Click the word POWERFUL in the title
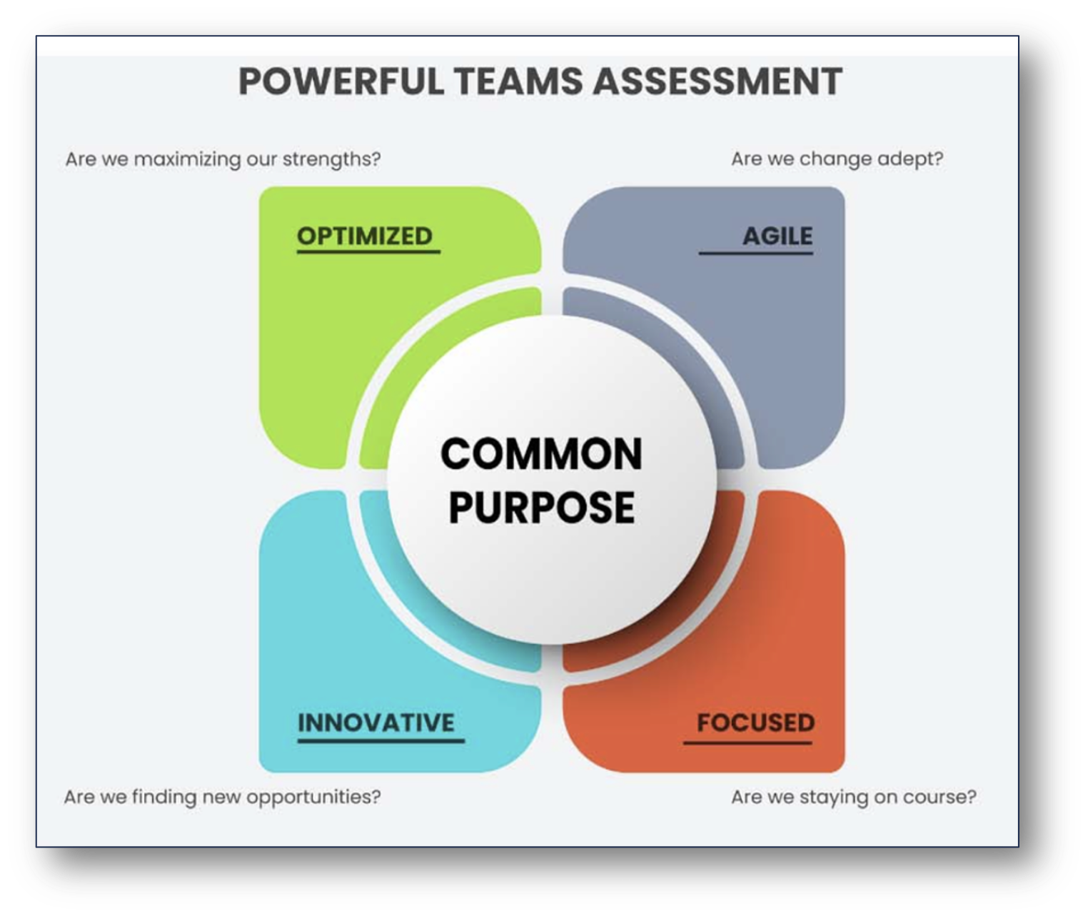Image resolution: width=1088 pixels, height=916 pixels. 341,82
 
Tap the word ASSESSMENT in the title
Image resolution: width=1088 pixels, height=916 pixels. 717,82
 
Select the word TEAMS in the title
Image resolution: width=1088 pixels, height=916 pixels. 518,82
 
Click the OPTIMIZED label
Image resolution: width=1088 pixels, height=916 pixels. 365,236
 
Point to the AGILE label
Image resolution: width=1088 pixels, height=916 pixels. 777,236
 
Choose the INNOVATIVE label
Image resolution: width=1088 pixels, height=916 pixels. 376,723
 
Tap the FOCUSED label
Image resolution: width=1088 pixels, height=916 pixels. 755,723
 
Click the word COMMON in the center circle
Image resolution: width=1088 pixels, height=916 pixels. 541,454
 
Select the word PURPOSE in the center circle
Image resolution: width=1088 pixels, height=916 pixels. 541,508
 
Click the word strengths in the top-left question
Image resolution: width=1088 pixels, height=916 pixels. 331,159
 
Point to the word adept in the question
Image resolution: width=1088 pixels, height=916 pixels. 910,159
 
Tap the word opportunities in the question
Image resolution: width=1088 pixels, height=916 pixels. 313,797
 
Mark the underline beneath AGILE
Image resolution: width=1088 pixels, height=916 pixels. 755,253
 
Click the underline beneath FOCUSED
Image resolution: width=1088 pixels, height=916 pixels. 747,743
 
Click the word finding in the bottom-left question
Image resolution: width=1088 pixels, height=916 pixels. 163,797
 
